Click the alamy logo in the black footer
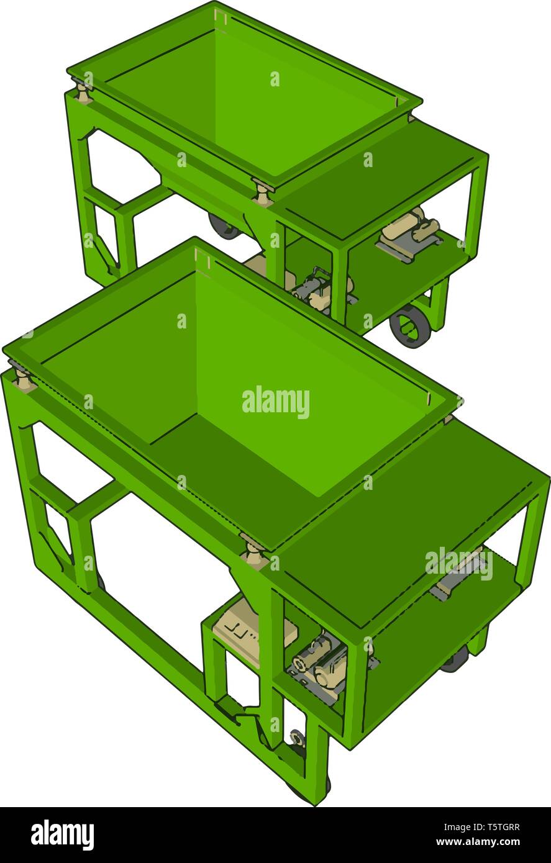coord(62,834)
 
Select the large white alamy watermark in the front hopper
coord(275,402)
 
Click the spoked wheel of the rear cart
coord(409,324)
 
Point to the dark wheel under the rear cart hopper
coord(224,226)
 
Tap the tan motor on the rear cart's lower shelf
coord(410,228)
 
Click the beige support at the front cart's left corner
coord(23,378)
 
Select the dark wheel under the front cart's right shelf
coord(455,662)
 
